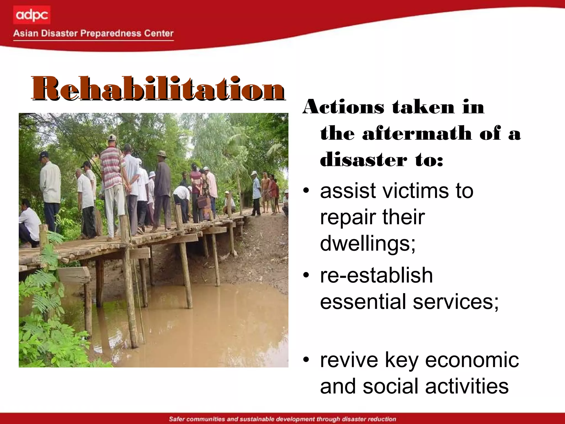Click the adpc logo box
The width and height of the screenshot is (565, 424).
click(x=32, y=15)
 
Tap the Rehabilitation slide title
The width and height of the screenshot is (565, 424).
click(x=158, y=89)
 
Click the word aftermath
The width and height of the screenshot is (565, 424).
click(x=417, y=133)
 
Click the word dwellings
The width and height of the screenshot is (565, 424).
click(x=367, y=243)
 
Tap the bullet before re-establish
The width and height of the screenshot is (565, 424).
click(x=306, y=275)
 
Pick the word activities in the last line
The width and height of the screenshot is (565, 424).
click(x=467, y=386)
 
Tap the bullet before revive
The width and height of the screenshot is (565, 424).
click(x=306, y=360)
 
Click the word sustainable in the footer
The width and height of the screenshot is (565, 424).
click(x=257, y=419)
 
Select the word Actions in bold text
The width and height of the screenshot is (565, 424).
click(x=343, y=107)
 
